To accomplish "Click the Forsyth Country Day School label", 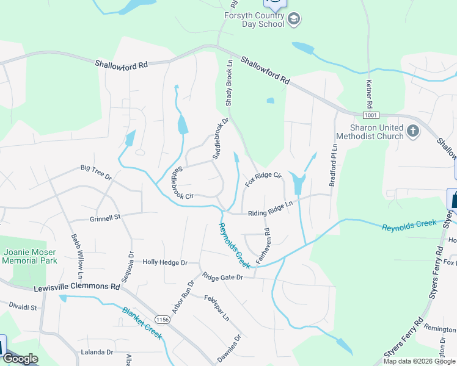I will pyautogui.click(x=254, y=20).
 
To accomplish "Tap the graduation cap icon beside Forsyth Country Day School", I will pyautogui.click(x=294, y=20).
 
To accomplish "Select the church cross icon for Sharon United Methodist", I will pyautogui.click(x=413, y=131).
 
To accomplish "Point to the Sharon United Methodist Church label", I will pyautogui.click(x=376, y=132).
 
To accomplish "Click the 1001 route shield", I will pyautogui.click(x=370, y=115).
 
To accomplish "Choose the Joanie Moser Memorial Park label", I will pyautogui.click(x=29, y=256).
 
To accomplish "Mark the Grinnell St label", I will pyautogui.click(x=106, y=217).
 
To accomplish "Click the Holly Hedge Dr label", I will pyautogui.click(x=164, y=262).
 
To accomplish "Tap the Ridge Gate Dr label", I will pyautogui.click(x=223, y=277).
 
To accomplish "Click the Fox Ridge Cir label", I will pyautogui.click(x=263, y=179).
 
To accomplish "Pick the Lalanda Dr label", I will pyautogui.click(x=97, y=352).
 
